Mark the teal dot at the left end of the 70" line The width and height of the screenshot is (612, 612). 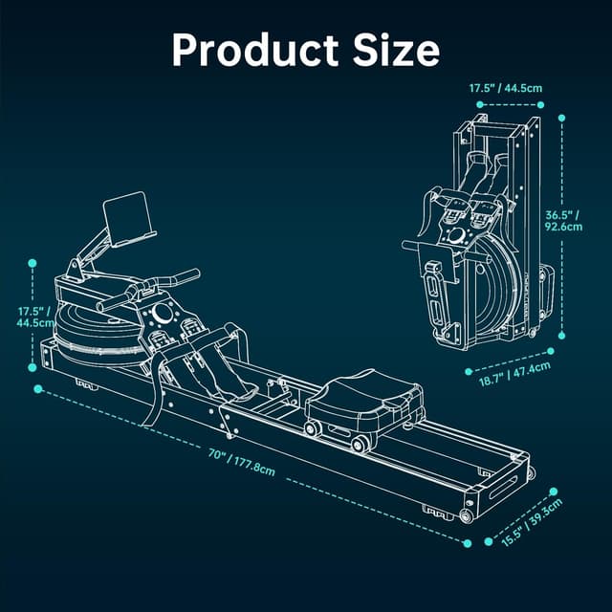(x=38, y=388)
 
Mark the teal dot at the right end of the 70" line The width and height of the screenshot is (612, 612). (x=468, y=542)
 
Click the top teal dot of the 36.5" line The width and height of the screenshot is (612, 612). (x=561, y=119)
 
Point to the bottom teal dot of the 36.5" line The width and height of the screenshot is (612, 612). (x=561, y=336)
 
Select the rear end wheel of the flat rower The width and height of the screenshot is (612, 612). (x=466, y=516)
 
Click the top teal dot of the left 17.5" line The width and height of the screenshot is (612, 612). (x=33, y=261)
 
